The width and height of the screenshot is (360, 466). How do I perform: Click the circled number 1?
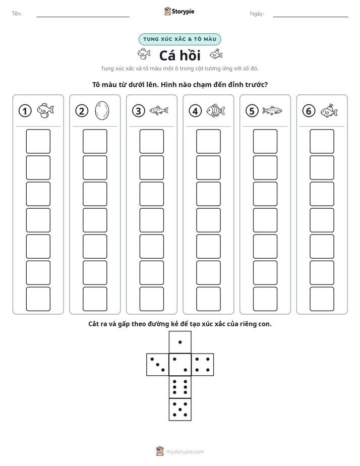pos(25,111)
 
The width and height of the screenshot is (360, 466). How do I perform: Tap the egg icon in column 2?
pos(102,110)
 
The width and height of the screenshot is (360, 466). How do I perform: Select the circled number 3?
pos(139,111)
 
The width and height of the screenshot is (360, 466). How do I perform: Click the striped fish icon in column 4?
pos(216,110)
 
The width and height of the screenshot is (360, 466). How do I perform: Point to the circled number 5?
pos(252,111)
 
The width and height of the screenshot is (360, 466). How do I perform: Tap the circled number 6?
pos(309,111)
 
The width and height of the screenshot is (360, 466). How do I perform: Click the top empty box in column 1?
pos(38,141)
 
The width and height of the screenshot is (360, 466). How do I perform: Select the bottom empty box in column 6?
pos(322,299)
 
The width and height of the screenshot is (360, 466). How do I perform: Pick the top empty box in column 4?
pos(208,141)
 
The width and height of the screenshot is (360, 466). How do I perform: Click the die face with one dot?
pos(180,342)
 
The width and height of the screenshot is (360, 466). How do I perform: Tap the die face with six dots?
pos(180,387)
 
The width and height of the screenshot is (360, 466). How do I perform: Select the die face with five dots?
pos(180,409)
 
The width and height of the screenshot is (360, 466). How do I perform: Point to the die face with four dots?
pos(203,364)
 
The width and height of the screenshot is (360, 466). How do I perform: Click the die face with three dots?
pos(158,364)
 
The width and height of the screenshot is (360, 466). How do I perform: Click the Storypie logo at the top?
pos(179,11)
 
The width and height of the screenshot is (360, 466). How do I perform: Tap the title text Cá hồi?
pos(180,55)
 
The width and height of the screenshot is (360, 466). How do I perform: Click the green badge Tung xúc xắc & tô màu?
pos(179,39)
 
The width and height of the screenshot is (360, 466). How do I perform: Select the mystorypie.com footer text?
pos(185,452)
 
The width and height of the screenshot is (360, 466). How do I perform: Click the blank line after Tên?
pos(83,17)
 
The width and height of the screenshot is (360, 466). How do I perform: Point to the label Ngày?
pos(257,14)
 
